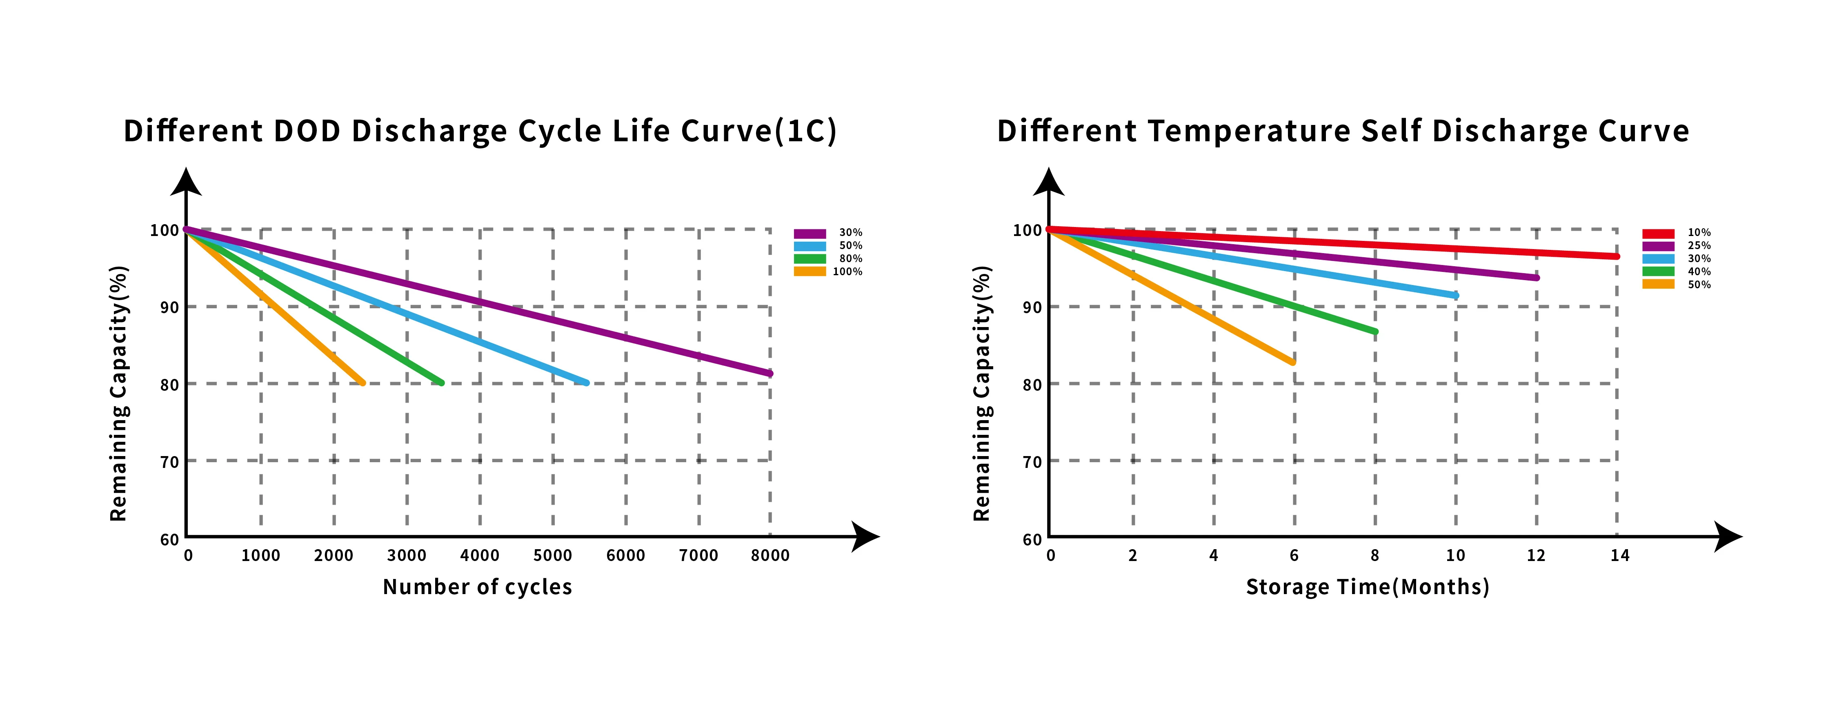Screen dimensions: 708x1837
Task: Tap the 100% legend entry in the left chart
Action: [x=847, y=272]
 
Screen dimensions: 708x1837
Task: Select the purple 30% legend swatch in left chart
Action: [x=810, y=233]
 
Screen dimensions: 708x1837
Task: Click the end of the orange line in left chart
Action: [x=362, y=383]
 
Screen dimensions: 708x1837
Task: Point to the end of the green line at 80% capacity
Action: [x=441, y=383]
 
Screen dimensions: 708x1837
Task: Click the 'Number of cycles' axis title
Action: [x=477, y=587]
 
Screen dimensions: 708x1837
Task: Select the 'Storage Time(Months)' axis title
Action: [x=1367, y=587]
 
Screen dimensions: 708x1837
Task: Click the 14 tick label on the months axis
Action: [x=1619, y=555]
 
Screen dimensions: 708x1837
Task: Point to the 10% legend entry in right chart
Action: [x=1699, y=232]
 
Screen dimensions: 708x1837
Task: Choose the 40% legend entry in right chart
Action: [x=1699, y=272]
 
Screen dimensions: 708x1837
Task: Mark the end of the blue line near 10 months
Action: [x=1455, y=295]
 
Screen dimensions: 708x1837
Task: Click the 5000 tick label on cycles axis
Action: [x=553, y=555]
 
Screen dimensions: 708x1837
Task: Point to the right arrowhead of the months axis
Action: [x=1729, y=536]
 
